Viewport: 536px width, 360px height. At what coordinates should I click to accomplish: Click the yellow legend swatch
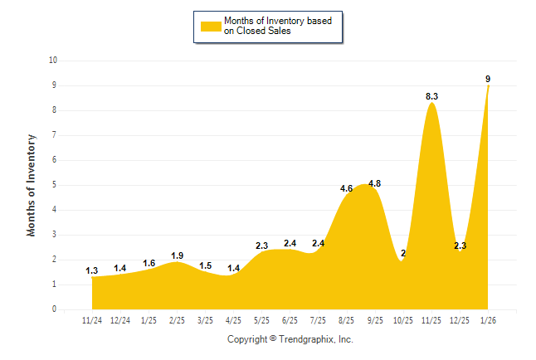(211, 26)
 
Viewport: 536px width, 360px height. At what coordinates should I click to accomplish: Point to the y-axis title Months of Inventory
(32, 184)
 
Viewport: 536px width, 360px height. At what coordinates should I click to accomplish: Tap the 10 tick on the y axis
(53, 61)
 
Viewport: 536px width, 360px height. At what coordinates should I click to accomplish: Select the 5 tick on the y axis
(54, 185)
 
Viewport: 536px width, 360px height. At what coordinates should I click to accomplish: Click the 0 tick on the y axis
(54, 309)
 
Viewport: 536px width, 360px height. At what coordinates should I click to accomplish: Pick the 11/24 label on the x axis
(92, 320)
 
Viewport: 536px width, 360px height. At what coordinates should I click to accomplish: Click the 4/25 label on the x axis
(233, 320)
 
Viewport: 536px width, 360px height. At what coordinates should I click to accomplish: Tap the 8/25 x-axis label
(346, 320)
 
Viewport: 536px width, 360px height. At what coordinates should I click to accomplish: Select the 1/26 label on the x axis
(487, 320)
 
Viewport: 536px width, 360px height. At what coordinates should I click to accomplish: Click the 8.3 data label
(431, 97)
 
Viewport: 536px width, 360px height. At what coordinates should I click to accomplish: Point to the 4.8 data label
(374, 183)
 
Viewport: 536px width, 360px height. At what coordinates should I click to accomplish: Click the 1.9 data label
(177, 255)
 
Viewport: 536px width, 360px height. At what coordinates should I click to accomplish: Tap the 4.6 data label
(347, 188)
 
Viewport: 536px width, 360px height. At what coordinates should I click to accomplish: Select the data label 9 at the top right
(488, 79)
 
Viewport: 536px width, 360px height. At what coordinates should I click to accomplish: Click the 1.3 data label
(92, 270)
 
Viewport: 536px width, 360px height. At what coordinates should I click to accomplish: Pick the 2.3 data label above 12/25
(460, 246)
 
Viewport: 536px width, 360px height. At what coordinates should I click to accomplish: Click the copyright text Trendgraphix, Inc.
(290, 339)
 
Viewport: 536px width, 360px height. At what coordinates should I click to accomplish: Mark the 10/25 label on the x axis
(402, 320)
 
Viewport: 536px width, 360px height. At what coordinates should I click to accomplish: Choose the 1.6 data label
(149, 263)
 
